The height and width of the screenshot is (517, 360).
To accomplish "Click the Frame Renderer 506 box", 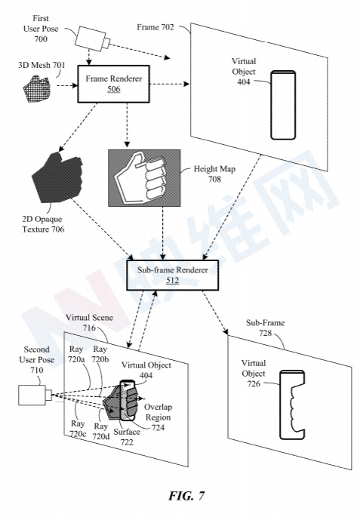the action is (113, 84).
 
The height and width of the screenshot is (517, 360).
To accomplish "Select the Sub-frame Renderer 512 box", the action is (172, 275).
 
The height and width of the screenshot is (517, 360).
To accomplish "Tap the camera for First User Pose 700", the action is (92, 39).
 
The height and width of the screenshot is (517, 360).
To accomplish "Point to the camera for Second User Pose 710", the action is (35, 395).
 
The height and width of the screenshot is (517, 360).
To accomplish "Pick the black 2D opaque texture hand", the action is (57, 177).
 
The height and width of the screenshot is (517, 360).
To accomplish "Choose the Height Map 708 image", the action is (144, 178).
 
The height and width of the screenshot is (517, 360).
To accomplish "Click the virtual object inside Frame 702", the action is (283, 105).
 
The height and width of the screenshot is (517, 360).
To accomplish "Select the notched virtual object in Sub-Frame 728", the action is (292, 405).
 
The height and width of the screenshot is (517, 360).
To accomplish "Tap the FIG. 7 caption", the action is (187, 496).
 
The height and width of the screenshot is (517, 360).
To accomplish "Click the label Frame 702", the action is (155, 27).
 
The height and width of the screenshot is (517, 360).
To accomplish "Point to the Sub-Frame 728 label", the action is (266, 328).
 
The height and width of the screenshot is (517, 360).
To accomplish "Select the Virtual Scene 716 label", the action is (89, 322).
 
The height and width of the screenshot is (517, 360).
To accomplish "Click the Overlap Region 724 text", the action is (158, 417).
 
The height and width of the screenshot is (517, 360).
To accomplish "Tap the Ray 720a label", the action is (76, 354).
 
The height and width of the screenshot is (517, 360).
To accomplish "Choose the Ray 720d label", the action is (101, 431).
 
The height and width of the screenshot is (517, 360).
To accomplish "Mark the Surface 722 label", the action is (127, 436).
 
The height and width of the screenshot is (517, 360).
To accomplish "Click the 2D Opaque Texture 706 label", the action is (43, 224).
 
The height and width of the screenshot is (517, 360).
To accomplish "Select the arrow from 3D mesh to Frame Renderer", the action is (67, 86).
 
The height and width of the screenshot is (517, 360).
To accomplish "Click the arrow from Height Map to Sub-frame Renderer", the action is (162, 233).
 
